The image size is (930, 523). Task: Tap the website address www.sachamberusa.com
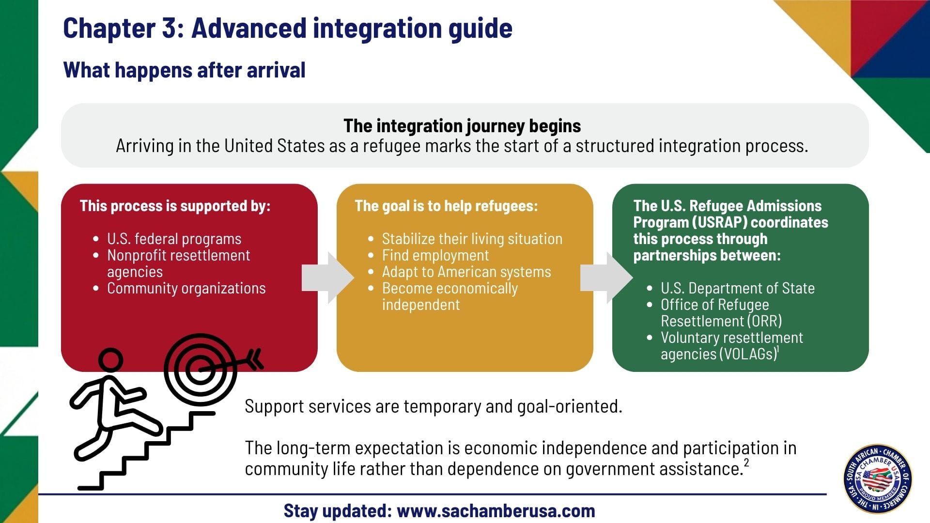coord(496,511)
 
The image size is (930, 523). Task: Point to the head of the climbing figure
coord(110,361)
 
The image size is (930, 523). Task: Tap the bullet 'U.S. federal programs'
coord(174,239)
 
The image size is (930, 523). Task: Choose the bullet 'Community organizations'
coord(186,288)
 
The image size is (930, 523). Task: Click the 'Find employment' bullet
coord(435,255)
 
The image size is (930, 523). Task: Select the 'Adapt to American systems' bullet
coord(466,272)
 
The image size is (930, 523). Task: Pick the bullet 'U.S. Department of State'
coord(737,288)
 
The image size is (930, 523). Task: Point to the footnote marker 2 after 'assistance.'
coord(746,463)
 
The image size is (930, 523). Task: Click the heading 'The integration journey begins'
coord(462,126)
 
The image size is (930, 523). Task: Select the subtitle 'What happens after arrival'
coord(184,70)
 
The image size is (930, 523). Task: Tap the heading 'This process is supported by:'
coord(175,206)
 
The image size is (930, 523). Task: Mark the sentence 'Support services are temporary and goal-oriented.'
coord(433,406)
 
